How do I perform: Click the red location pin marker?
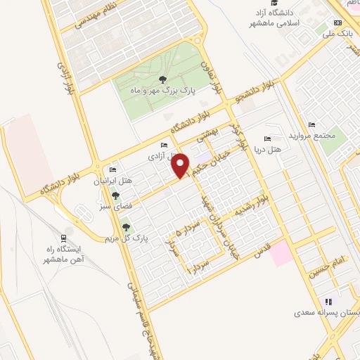(x=181, y=166)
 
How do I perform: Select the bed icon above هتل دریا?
(x=266, y=139)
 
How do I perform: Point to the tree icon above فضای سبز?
(x=115, y=195)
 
